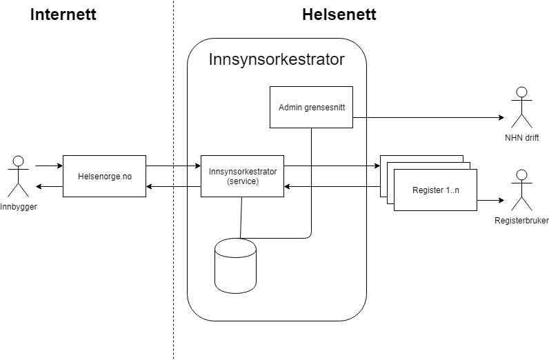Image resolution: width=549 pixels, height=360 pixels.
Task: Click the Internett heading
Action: point(63,14)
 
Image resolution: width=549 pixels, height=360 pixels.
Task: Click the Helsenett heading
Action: point(339,14)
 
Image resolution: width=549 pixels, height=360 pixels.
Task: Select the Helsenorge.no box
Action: point(104,176)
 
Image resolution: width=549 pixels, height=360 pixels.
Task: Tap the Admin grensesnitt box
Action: point(311,108)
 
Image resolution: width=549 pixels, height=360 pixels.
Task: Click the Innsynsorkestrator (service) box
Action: point(242,176)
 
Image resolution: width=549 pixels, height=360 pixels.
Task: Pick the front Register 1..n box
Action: point(435,190)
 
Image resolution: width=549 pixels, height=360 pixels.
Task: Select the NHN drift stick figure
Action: point(521,107)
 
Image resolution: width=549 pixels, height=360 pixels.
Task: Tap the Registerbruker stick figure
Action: point(521,190)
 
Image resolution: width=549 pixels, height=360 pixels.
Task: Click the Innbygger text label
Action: point(18,207)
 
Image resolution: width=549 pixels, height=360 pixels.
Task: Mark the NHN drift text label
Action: point(521,138)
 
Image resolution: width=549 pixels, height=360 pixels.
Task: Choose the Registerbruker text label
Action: point(521,221)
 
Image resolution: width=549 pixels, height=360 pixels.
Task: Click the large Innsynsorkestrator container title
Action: point(277,59)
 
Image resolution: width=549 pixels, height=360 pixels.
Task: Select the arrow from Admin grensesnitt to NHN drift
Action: point(428,117)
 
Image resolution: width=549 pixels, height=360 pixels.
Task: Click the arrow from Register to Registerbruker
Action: point(490,201)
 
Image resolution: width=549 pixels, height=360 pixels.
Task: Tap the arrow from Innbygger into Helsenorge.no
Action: point(48,166)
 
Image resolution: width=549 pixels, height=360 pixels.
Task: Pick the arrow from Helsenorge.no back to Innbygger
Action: point(48,186)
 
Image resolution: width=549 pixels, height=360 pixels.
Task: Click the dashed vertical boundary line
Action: point(173,276)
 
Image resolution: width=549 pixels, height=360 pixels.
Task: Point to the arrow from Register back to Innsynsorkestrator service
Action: point(331,186)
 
